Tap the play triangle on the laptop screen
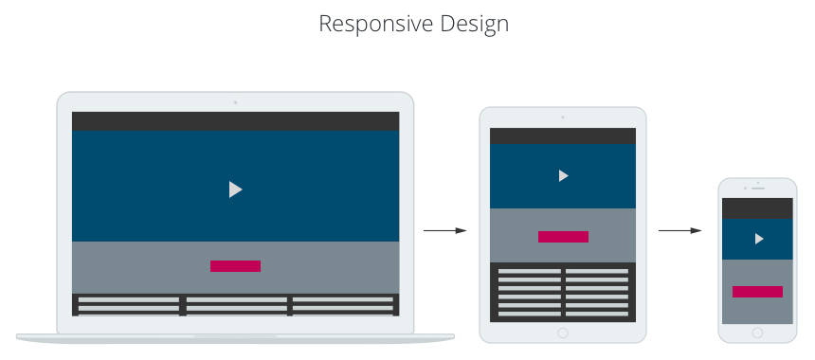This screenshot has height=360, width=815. coord(235,189)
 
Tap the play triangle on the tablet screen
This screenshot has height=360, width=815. coord(563,175)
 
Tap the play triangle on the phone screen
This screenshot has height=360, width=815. coord(758,239)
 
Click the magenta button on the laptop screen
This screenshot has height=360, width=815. coord(235,266)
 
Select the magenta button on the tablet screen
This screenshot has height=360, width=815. coord(563,237)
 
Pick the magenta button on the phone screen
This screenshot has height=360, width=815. coord(757,292)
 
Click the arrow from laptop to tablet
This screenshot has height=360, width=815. coord(444,230)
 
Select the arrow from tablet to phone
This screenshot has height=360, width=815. coord(679,230)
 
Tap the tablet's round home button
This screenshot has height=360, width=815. coord(563,333)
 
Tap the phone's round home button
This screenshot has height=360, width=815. coord(757,333)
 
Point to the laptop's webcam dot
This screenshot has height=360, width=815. coord(235,102)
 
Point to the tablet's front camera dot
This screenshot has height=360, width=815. coord(563,117)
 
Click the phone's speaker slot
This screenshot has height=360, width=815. coord(758,188)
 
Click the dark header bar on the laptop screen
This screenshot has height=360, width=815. coord(235,121)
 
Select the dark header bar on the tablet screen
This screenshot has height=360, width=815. coord(563,135)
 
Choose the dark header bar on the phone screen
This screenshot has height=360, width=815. coord(757,208)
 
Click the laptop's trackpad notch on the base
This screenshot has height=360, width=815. coord(235,336)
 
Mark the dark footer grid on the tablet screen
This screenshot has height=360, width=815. coord(563,292)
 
